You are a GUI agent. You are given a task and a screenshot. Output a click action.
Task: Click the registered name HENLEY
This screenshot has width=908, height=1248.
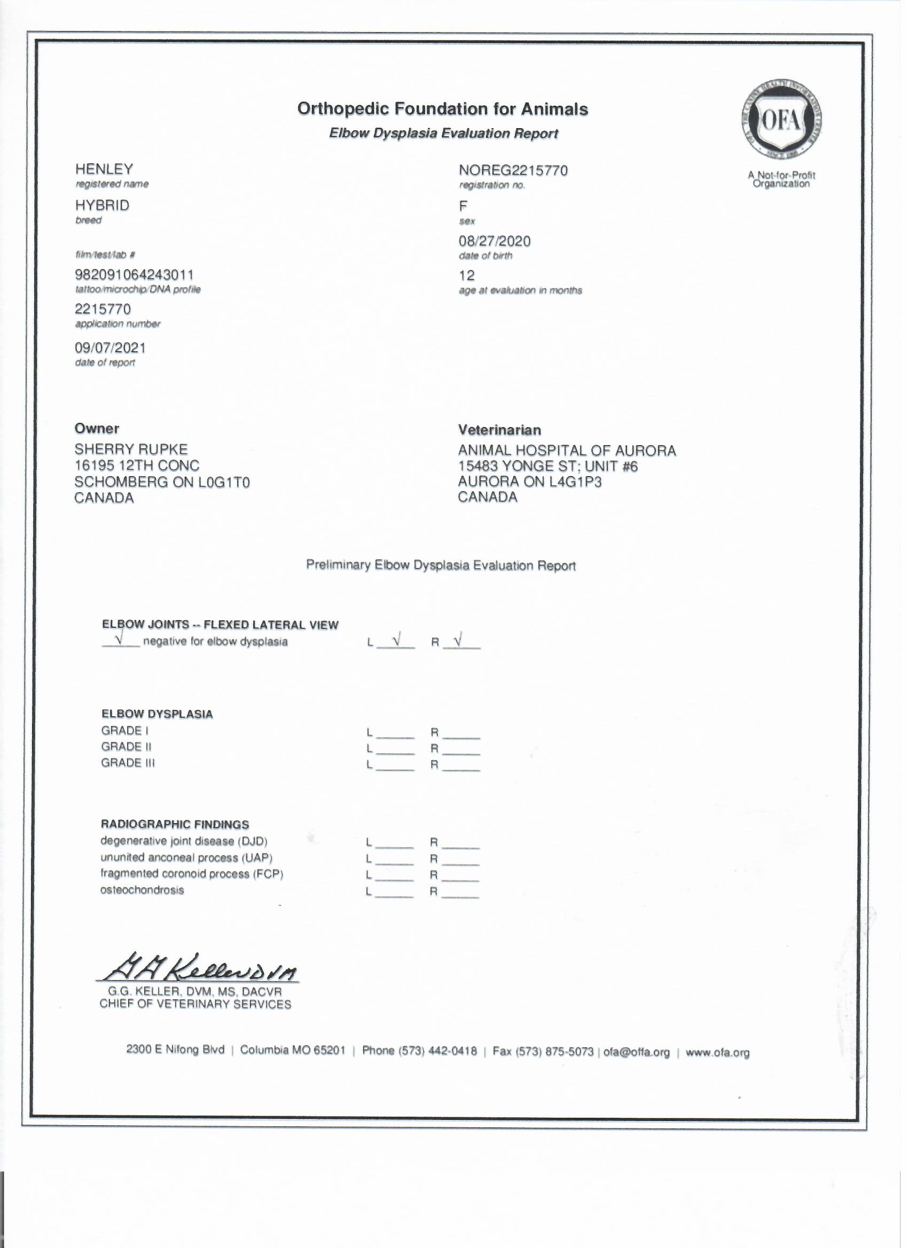pos(104,170)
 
